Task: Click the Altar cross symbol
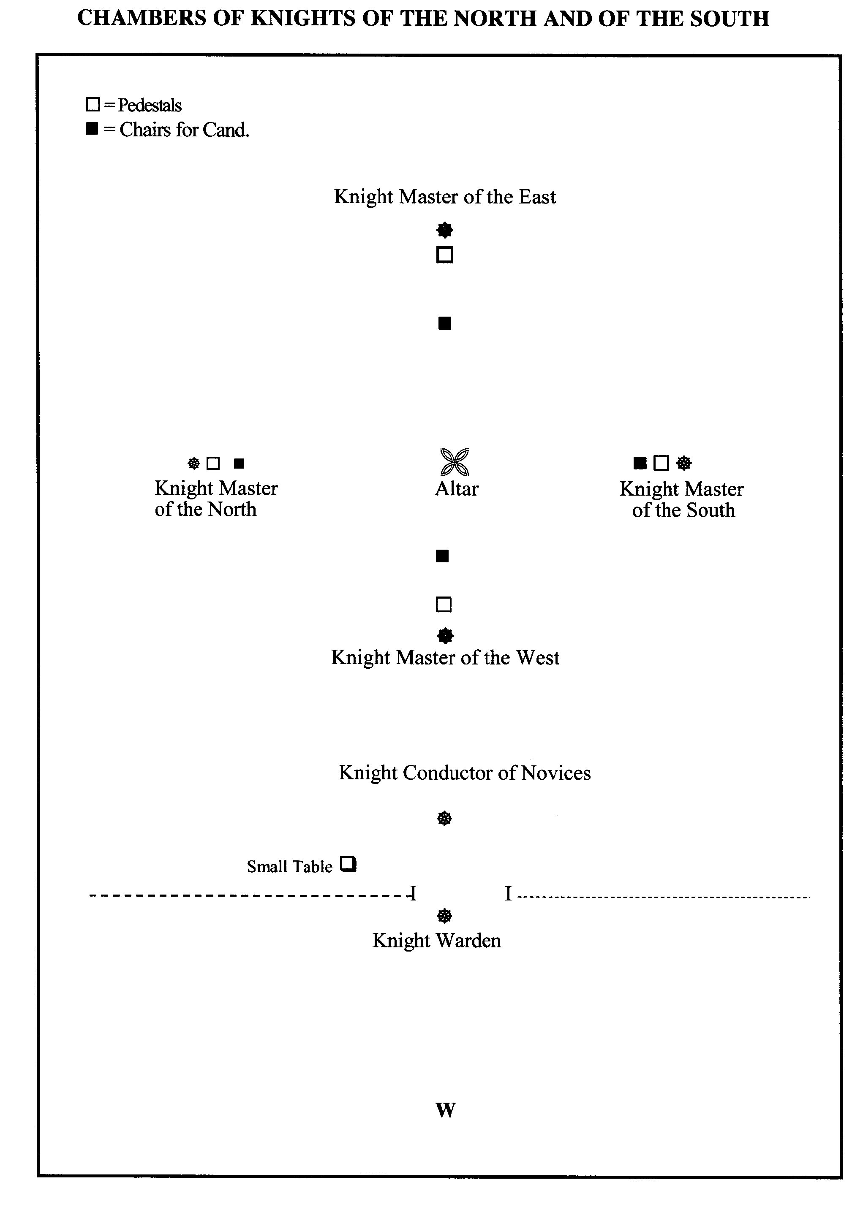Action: coord(454,461)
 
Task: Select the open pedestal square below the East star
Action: coord(444,255)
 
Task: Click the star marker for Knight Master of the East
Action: coord(444,230)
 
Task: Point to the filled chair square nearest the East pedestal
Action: coord(444,323)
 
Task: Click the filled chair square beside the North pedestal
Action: coord(240,464)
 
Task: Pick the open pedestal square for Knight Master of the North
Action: coord(212,464)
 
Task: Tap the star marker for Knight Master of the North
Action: coord(194,464)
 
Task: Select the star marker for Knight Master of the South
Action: coord(684,463)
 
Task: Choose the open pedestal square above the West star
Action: coord(444,604)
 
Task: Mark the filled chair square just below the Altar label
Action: coord(442,556)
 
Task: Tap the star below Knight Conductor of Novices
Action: coord(444,818)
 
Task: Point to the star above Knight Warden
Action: coord(444,916)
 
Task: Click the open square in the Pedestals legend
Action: coord(93,104)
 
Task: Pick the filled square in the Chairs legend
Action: coord(92,128)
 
